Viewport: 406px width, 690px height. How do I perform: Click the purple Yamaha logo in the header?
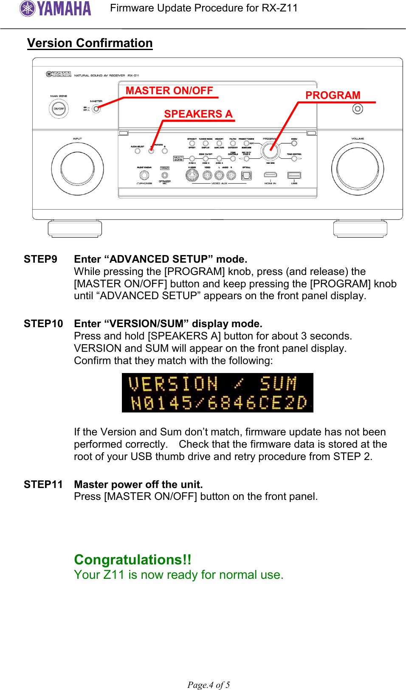(x=55, y=8)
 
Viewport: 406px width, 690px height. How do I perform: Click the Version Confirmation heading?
(x=90, y=43)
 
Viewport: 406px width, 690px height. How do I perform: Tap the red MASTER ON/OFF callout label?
(x=169, y=91)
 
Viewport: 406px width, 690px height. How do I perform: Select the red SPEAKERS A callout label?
(x=198, y=114)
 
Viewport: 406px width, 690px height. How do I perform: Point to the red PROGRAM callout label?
(x=333, y=95)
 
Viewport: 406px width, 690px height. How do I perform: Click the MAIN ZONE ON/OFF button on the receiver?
(x=59, y=109)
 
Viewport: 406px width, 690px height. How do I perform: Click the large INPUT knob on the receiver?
(x=77, y=168)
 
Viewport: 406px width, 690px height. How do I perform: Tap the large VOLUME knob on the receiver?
(x=358, y=168)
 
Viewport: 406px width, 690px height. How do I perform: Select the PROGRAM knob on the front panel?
(x=270, y=150)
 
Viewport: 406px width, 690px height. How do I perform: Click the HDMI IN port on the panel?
(x=271, y=175)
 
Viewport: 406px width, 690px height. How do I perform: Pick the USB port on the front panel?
(x=294, y=175)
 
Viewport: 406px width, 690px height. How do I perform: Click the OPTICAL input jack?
(x=246, y=175)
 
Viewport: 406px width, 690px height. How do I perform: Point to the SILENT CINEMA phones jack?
(x=144, y=175)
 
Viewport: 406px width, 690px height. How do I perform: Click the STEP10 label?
(x=43, y=324)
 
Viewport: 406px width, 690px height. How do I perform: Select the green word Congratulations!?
(x=133, y=560)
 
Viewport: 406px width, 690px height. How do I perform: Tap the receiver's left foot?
(x=75, y=228)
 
